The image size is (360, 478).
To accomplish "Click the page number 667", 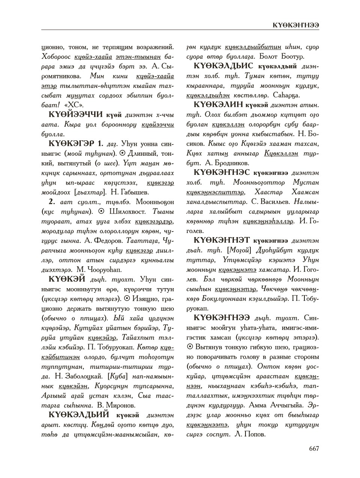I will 314,448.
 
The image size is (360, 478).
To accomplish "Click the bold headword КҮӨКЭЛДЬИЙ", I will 79,415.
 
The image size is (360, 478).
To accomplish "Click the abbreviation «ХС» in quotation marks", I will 74,105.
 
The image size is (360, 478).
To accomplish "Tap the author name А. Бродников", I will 227,163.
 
